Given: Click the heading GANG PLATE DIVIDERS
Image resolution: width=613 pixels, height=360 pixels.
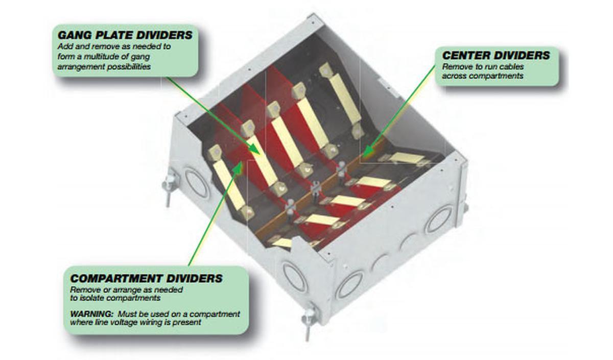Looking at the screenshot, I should [x=125, y=35].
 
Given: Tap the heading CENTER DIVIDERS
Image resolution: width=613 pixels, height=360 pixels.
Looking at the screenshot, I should [x=496, y=55].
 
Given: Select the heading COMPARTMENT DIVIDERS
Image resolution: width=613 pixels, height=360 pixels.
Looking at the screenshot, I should [x=146, y=278].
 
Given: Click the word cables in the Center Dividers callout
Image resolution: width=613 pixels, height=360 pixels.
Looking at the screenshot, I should [x=511, y=67].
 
